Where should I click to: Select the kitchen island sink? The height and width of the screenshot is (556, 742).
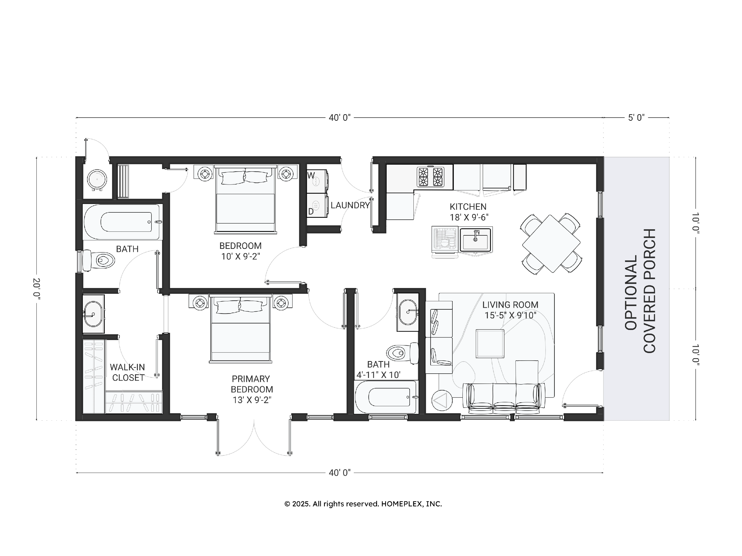click(476, 239)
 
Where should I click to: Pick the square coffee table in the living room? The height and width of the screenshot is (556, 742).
click(490, 343)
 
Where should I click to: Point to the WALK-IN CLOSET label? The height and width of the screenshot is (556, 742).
click(128, 372)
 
